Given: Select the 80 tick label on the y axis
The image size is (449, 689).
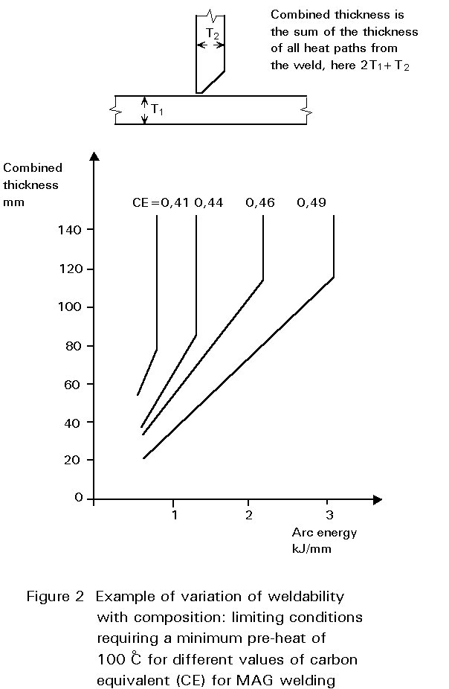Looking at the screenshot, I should pyautogui.click(x=72, y=345).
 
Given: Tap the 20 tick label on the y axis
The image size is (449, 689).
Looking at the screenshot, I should pyautogui.click(x=72, y=460).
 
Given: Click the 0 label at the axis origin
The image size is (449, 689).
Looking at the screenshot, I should pyautogui.click(x=78, y=498).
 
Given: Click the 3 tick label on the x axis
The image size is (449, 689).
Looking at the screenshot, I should pyautogui.click(x=329, y=515).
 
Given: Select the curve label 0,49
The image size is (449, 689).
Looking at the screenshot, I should pyautogui.click(x=311, y=202).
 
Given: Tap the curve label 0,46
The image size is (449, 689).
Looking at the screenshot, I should pyautogui.click(x=260, y=202).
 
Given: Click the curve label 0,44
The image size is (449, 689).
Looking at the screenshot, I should pyautogui.click(x=209, y=202).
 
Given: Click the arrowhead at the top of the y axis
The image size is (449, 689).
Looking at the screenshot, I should pyautogui.click(x=94, y=156).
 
